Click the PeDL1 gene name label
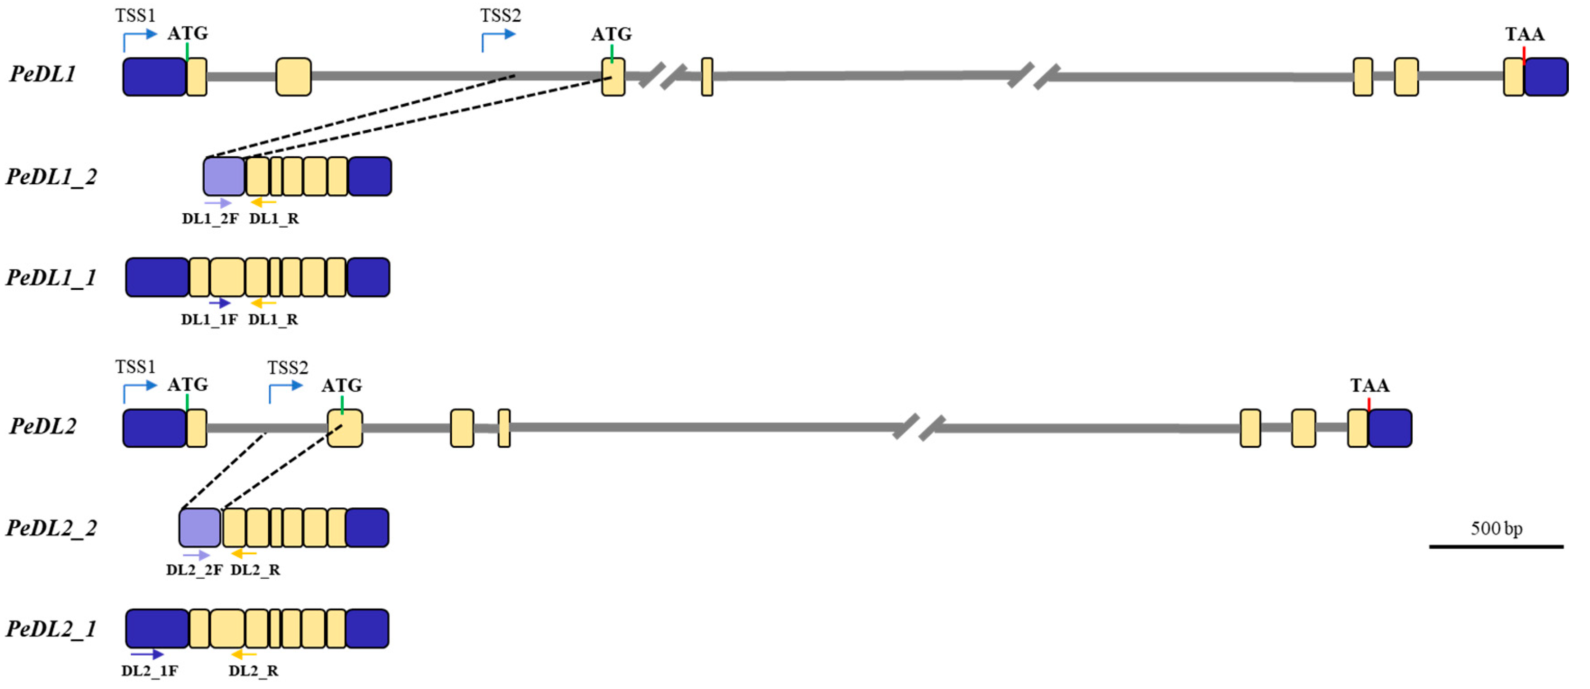click(42, 74)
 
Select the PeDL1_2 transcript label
click(51, 177)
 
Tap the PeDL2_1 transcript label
click(51, 629)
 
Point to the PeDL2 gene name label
click(42, 426)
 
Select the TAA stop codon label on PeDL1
click(1525, 34)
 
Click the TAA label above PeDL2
click(1369, 386)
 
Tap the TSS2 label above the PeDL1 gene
click(501, 15)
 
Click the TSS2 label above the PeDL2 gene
click(288, 368)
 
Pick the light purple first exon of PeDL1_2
click(224, 176)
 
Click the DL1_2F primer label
click(210, 219)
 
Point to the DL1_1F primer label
click(209, 319)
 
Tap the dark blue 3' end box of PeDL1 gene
click(1546, 77)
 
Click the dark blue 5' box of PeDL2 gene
click(154, 428)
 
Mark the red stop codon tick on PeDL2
click(1369, 404)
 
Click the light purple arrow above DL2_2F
click(196, 555)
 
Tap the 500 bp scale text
click(1496, 529)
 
